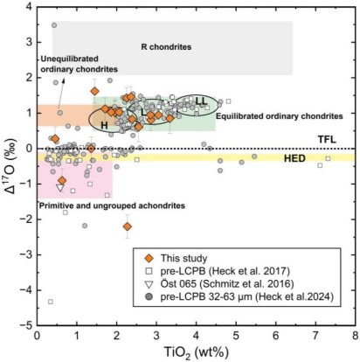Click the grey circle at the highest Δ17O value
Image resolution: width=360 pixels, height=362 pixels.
pyautogui.click(x=53, y=25)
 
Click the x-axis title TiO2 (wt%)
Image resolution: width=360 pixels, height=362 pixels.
pyautogui.click(x=195, y=352)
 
